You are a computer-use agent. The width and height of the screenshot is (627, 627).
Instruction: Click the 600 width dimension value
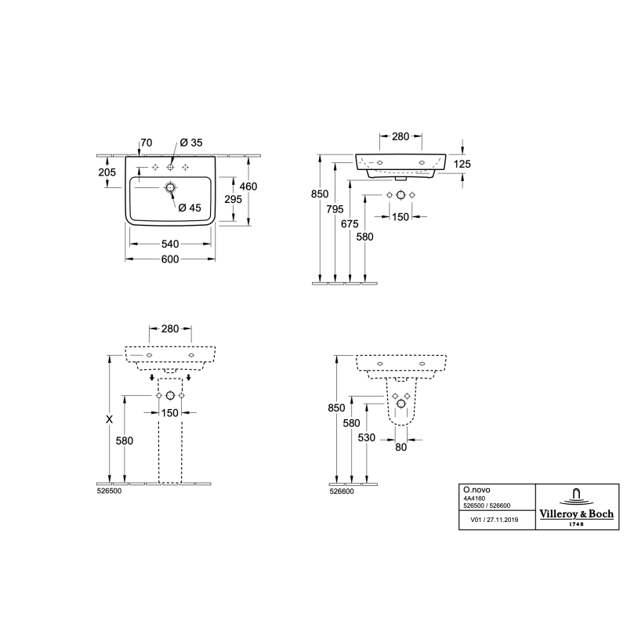pos(170,259)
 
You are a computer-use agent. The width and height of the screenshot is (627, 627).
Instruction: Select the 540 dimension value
pos(170,244)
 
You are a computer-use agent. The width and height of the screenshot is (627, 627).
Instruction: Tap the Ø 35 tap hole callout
pos(191,143)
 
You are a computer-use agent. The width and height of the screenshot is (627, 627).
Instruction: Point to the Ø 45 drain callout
pos(190,208)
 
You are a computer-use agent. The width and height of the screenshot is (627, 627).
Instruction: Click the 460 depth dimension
pos(248,187)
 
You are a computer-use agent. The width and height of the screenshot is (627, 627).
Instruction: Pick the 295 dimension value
pos(233,199)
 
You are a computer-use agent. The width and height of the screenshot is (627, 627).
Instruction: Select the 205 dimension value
pos(107,172)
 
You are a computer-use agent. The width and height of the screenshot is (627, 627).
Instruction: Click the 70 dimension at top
pos(147,143)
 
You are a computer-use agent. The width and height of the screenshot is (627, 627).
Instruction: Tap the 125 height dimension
pos(462,164)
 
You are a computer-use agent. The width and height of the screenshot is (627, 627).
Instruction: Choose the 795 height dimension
pos(335,208)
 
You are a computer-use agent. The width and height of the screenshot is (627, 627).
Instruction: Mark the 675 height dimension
pos(350,223)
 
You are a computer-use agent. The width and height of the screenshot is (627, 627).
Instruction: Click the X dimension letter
pos(109,419)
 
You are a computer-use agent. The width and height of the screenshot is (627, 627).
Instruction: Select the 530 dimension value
pos(366,437)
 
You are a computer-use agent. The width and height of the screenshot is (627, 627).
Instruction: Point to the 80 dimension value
pos(400,447)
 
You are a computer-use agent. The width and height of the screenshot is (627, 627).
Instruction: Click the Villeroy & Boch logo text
pos(577,514)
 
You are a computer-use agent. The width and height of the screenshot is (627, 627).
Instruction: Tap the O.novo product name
pos(477,490)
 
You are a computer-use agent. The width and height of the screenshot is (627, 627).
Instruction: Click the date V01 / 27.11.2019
pos(495,520)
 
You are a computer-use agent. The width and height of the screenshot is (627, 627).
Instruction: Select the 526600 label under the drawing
pos(342,491)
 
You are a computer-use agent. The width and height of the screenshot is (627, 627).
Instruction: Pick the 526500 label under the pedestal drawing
pos(109,491)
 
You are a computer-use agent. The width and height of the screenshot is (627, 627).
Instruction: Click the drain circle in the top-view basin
pos(170,187)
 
